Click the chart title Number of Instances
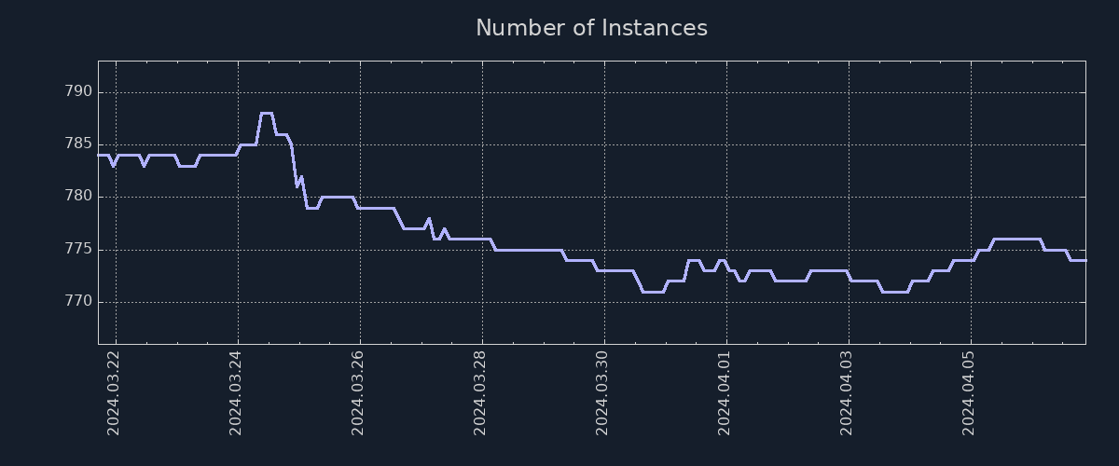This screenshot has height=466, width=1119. click(591, 28)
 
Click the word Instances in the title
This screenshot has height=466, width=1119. click(654, 28)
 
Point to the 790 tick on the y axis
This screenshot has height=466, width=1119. click(77, 92)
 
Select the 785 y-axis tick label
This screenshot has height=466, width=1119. click(77, 144)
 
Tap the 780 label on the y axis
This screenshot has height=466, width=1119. click(77, 197)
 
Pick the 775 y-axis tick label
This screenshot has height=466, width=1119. click(77, 250)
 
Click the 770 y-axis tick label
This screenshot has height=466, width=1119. click(77, 302)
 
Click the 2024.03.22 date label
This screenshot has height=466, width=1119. click(114, 391)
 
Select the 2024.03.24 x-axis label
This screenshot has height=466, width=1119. click(236, 391)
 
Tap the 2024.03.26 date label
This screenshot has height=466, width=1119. click(358, 391)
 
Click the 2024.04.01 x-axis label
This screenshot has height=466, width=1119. click(725, 391)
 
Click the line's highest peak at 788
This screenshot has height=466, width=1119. click(267, 113)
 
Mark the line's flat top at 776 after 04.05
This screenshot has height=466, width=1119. click(1016, 239)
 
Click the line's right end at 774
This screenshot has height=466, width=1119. click(1084, 260)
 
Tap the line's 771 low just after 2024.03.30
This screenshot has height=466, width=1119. click(653, 292)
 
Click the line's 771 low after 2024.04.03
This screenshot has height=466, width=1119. click(895, 292)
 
